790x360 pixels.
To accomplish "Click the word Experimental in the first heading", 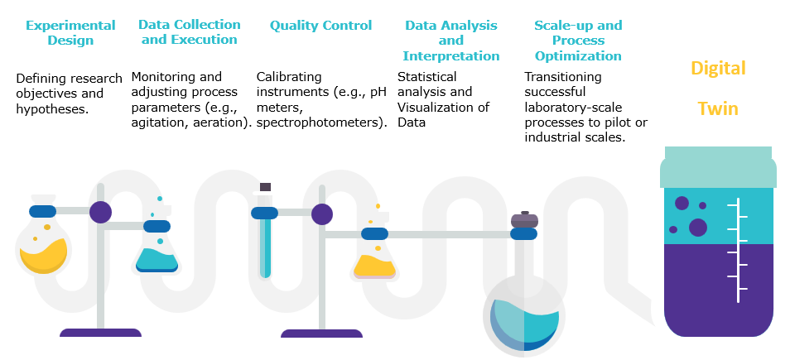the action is [x=70, y=25].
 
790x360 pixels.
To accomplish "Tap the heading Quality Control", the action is [x=321, y=25].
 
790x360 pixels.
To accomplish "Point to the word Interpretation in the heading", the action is [x=451, y=56].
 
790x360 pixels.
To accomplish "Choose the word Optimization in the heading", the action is [x=578, y=56].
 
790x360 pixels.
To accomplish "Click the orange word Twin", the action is [x=718, y=108].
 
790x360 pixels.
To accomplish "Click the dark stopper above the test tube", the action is [x=265, y=187].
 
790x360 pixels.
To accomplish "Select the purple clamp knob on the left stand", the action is [x=100, y=212].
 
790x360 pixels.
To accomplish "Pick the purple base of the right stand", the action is [x=321, y=334].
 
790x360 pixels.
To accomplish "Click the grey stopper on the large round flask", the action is [x=524, y=220].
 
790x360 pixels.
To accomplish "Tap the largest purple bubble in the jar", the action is [x=698, y=228].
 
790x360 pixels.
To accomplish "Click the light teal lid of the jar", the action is [x=718, y=167].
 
